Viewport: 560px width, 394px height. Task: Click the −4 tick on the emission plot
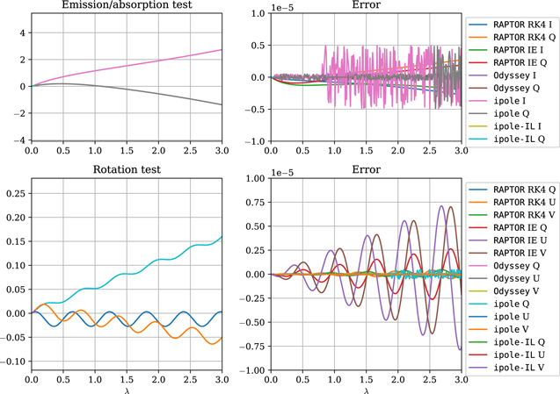[18, 140]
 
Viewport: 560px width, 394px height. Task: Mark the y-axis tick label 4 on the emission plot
[21, 32]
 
